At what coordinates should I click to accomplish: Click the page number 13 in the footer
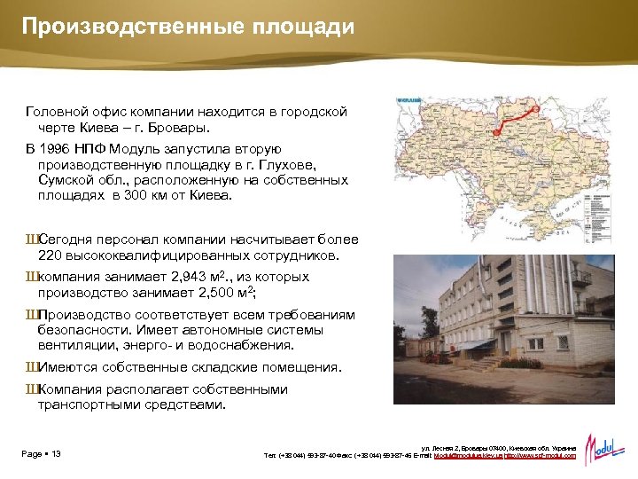coord(56,455)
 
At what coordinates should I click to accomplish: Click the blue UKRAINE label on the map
coord(409,99)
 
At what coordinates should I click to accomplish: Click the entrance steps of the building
coord(478,363)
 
